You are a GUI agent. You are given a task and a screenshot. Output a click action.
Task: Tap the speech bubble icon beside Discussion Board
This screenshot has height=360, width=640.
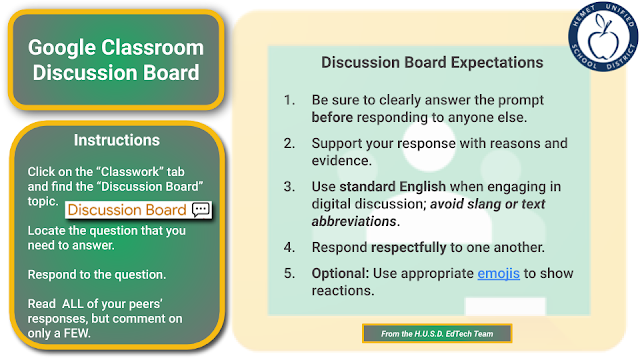[x=200, y=209]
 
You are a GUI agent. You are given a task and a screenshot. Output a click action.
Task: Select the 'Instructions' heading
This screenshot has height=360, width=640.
[x=116, y=141]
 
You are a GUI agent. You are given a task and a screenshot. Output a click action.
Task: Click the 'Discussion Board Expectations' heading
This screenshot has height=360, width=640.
[x=432, y=62]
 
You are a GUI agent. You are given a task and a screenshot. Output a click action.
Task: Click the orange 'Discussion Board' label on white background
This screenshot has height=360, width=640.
[x=127, y=209]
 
